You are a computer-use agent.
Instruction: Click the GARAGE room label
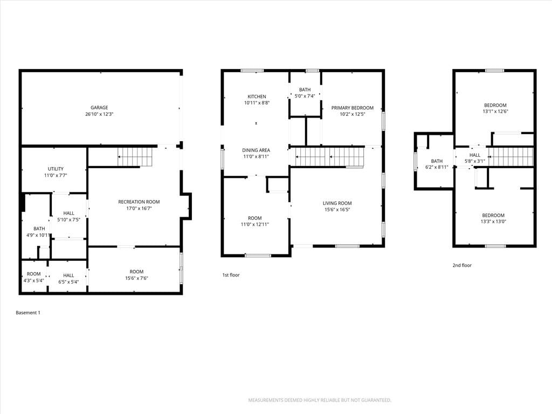pos(99,108)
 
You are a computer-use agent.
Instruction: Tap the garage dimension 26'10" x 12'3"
pos(99,114)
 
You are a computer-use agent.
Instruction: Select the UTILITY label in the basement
pos(56,169)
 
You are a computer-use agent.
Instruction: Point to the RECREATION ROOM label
pos(139,202)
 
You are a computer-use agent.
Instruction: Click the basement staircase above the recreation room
pos(135,157)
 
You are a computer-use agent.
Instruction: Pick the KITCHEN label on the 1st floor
pos(257,96)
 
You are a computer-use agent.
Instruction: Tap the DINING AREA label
pos(256,150)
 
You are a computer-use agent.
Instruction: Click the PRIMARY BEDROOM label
pos(353,108)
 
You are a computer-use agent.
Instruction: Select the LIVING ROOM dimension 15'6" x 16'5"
pos(337,210)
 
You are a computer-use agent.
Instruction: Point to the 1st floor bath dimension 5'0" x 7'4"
pos(305,96)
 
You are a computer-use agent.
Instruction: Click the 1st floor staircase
pos(329,157)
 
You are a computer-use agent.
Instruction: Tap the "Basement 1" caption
pos(28,313)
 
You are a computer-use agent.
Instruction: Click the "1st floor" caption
pos(231,275)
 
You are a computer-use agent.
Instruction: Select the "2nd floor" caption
pos(462,265)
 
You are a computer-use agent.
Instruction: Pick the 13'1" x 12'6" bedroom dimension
pos(495,112)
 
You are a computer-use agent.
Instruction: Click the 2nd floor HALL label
pos(475,155)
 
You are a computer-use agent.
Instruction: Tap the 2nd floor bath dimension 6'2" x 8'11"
pos(437,167)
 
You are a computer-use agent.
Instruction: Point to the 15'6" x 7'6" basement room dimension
pos(136,278)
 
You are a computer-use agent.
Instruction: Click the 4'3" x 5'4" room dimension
pos(34,280)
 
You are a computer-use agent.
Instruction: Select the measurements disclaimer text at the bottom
pos(320,401)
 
